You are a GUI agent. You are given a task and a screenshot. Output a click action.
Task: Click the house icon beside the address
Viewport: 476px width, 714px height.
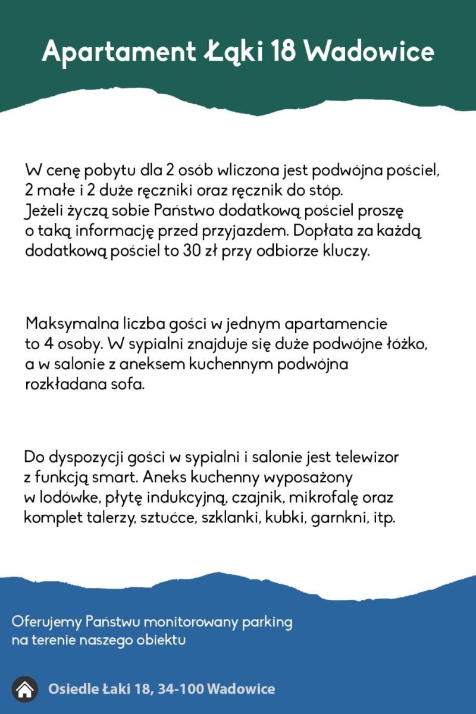(x=24, y=690)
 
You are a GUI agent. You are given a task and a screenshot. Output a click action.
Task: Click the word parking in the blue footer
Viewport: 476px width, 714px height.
(x=267, y=622)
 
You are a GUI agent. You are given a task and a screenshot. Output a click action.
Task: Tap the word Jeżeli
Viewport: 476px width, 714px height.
(x=46, y=211)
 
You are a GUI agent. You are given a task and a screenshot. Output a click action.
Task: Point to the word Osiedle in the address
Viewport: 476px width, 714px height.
(x=74, y=690)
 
